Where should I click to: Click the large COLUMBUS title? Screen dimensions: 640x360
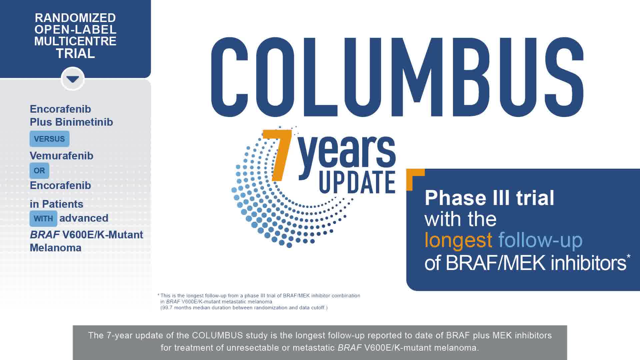397,77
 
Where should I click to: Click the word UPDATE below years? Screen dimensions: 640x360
357,182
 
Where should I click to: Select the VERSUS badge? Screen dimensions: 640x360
49,139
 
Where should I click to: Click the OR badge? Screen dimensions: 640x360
39,171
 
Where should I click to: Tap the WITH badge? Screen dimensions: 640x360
43,219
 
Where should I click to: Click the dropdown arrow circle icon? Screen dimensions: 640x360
73,79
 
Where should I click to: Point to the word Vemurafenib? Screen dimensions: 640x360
61,156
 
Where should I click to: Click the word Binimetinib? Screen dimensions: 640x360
84,122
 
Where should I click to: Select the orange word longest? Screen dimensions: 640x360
458,240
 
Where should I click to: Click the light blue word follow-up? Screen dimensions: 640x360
540,240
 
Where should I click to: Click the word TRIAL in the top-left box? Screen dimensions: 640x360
75,53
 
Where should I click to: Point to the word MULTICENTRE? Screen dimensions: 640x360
75,41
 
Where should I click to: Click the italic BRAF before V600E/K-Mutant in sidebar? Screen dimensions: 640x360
45,235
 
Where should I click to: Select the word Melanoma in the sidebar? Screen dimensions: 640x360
56,248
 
